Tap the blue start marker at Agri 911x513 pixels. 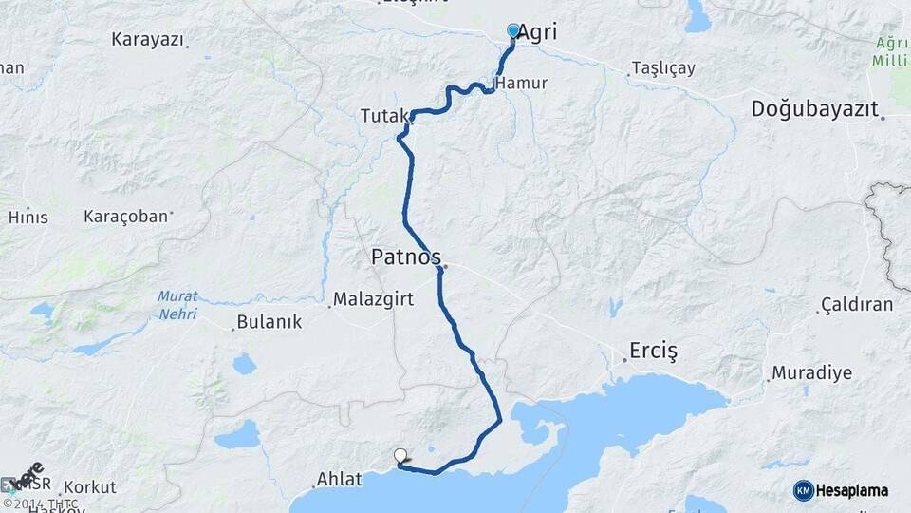tap(513, 31)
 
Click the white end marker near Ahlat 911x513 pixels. tap(400, 456)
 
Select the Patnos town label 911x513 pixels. tap(405, 256)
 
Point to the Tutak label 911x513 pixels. tap(382, 116)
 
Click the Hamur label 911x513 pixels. tap(522, 83)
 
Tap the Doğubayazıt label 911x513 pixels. tap(814, 108)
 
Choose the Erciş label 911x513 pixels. tap(654, 351)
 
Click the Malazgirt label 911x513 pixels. tap(372, 300)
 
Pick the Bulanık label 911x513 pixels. tap(270, 322)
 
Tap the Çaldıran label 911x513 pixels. tap(856, 305)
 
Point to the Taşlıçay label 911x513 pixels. tap(662, 68)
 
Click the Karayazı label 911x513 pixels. tap(146, 40)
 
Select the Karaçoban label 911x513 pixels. tap(125, 217)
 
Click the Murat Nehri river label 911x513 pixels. tap(177, 304)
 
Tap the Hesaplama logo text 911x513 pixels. tap(850, 490)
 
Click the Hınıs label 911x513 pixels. tap(28, 217)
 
